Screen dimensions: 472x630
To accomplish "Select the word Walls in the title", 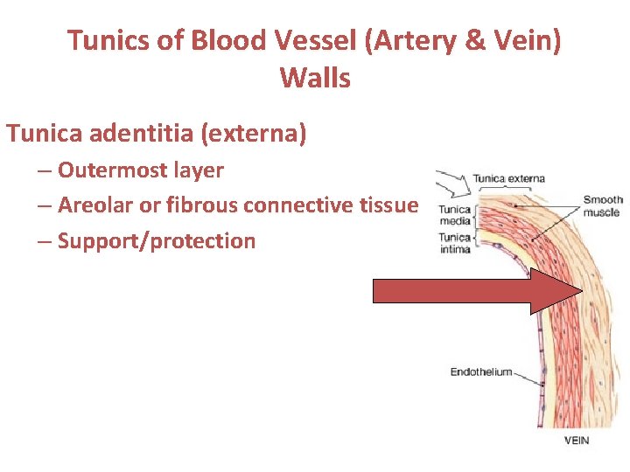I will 315,79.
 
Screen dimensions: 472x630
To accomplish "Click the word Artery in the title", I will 428,40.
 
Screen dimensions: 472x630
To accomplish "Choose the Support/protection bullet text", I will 157,241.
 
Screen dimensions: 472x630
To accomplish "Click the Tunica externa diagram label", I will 508,178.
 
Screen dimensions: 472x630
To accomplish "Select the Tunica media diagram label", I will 454,215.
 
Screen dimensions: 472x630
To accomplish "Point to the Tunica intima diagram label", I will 454,243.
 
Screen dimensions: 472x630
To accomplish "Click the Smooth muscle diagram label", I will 602,205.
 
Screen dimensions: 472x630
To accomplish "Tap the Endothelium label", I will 480,372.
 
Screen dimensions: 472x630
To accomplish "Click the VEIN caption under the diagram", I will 576,441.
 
